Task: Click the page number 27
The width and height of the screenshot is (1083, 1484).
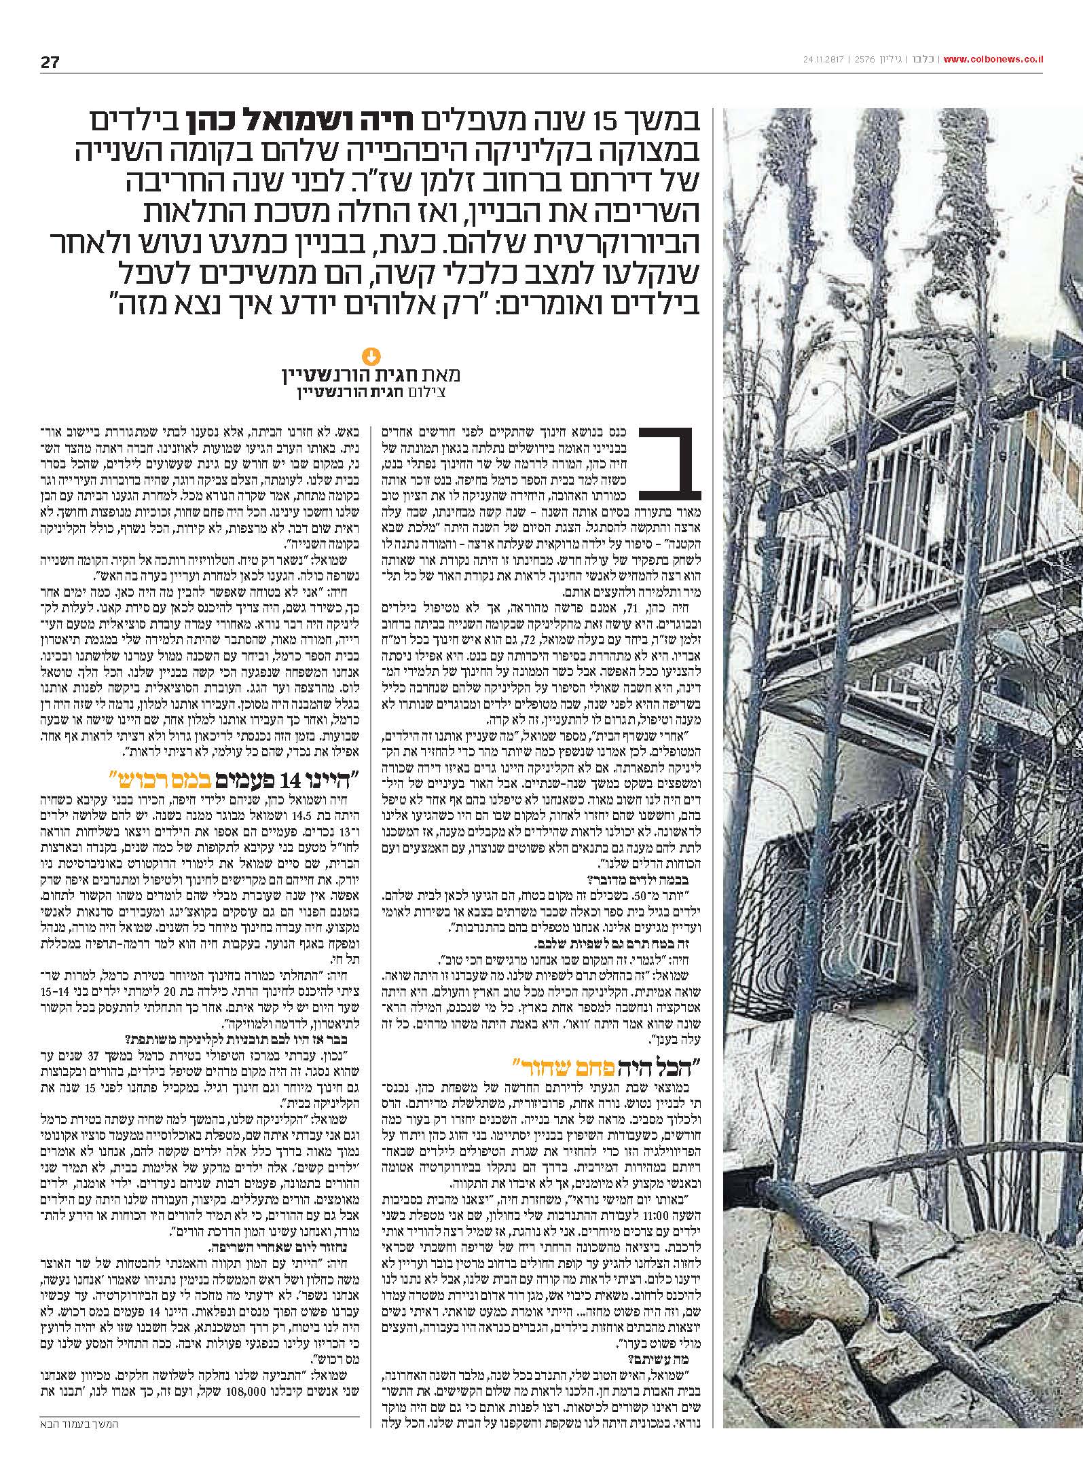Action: [x=50, y=63]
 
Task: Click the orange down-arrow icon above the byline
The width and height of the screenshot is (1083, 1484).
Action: [x=371, y=354]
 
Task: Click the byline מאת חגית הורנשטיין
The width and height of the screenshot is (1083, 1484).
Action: [x=370, y=375]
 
